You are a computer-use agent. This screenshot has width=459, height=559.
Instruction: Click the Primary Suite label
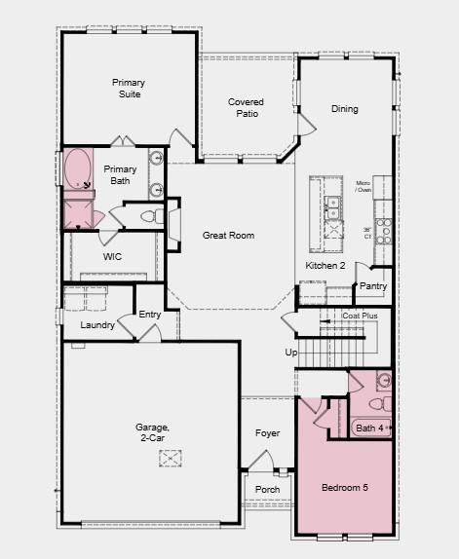click(x=128, y=89)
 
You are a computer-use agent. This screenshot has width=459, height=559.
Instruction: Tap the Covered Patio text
click(x=246, y=108)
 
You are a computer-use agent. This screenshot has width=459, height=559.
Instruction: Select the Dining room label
click(x=344, y=109)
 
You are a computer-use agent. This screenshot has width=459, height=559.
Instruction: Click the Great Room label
click(x=228, y=236)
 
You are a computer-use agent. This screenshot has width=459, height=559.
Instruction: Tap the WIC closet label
click(x=113, y=257)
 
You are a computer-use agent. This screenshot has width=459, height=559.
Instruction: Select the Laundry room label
click(x=97, y=325)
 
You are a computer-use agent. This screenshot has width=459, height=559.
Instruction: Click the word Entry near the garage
click(x=150, y=315)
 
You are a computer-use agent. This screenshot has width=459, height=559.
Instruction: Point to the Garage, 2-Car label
click(x=152, y=434)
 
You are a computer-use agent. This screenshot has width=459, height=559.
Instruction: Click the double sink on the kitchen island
click(x=332, y=205)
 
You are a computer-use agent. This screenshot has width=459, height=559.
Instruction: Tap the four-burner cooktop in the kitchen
click(x=384, y=230)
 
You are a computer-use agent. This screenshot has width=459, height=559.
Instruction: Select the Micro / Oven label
click(x=363, y=186)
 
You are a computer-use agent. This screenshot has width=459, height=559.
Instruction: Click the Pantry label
click(x=373, y=286)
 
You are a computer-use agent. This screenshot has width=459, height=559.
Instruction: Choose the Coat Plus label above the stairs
click(x=360, y=316)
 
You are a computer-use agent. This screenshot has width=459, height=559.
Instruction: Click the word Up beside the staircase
click(x=289, y=353)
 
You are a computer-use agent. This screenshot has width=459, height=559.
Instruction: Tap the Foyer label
click(x=267, y=432)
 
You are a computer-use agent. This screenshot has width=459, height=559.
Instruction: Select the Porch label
click(x=267, y=490)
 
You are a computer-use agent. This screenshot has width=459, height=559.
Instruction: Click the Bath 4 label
click(x=370, y=428)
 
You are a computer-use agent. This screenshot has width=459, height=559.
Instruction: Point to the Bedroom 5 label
click(x=345, y=487)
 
